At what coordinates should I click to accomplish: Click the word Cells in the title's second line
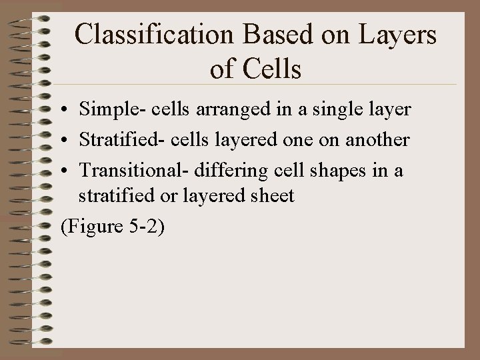(274, 68)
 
